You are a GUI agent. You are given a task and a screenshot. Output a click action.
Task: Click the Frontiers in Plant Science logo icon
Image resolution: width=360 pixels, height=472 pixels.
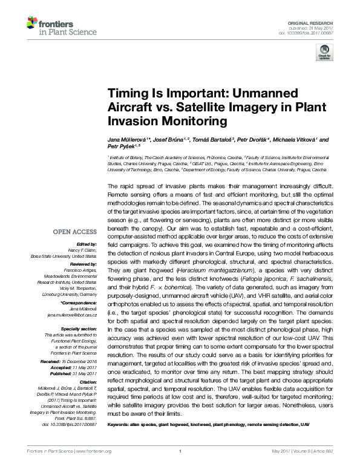[31, 24]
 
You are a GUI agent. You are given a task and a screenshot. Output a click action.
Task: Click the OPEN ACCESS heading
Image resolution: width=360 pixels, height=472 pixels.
[74, 232]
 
